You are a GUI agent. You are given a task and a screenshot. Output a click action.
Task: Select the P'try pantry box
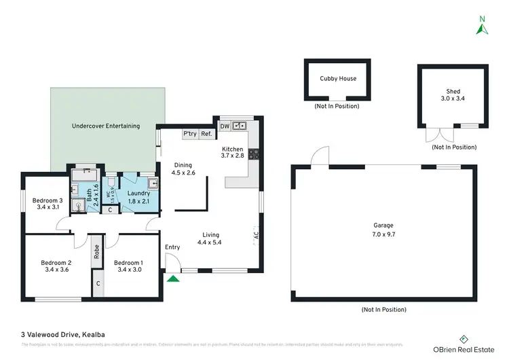click(190, 134)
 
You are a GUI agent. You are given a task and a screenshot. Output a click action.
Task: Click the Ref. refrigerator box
click(206, 134)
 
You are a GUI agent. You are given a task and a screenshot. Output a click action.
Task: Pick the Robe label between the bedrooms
click(97, 252)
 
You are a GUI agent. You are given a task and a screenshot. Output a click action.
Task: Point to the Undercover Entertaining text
click(106, 126)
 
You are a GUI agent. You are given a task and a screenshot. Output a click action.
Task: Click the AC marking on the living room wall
click(257, 236)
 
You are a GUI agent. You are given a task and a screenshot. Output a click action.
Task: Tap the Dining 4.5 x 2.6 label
click(185, 168)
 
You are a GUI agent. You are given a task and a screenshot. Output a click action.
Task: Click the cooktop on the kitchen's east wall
click(254, 154)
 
